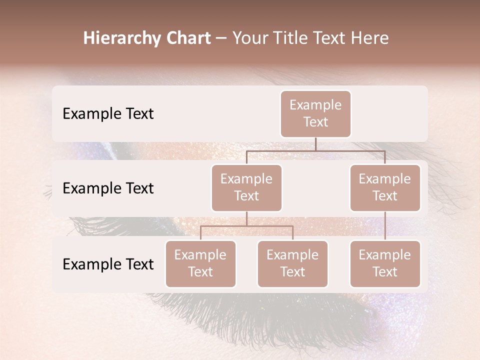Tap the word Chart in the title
[x=187, y=38]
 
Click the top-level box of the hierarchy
[x=315, y=113]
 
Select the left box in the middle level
[x=246, y=187]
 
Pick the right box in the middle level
[x=385, y=187]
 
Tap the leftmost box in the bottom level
[x=200, y=263]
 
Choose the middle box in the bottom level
[x=292, y=263]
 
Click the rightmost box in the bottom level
[x=385, y=263]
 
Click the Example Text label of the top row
[x=108, y=114]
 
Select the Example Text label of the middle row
[x=108, y=188]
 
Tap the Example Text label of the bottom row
[x=108, y=264]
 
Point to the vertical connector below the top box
[x=315, y=144]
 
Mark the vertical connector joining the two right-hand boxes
[x=385, y=226]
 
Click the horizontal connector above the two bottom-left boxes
[x=246, y=226]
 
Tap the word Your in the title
[x=249, y=38]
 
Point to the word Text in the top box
[x=315, y=122]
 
